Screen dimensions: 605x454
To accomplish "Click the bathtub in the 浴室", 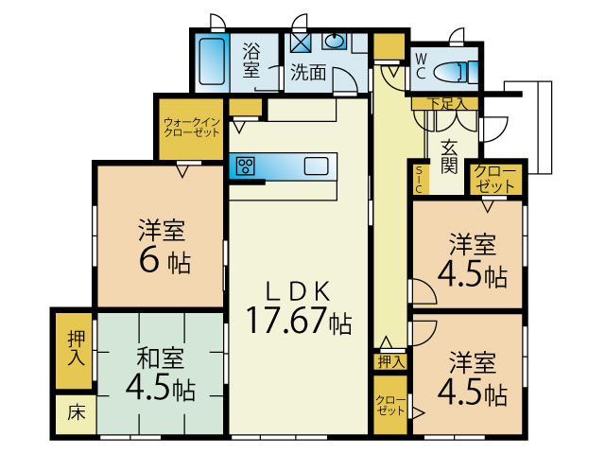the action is [212, 61].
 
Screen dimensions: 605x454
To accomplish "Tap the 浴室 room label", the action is [251, 61].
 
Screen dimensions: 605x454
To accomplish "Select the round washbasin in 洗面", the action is [335, 41].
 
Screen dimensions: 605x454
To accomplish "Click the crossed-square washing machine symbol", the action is [301, 42].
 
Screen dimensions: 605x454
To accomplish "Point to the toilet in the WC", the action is [456, 72].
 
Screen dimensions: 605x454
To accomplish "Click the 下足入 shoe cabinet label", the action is [447, 103].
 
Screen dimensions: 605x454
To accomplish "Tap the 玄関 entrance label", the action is [449, 156].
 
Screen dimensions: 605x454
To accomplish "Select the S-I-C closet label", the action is [419, 179].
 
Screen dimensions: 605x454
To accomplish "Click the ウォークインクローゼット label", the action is [192, 128].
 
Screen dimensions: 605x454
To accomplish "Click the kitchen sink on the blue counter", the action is [316, 166].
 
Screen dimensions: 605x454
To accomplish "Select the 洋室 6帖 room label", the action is [164, 246].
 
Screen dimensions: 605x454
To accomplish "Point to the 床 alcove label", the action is [76, 413].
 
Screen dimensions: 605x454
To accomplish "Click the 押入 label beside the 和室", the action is [76, 349].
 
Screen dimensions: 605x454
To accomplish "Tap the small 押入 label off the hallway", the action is [391, 362].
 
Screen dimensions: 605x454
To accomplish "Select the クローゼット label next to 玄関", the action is [495, 179].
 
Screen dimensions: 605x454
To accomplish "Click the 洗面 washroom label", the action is [308, 72].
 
